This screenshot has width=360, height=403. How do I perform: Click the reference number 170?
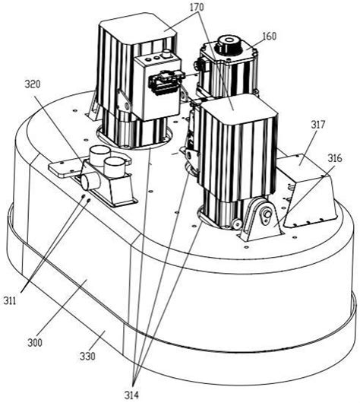tap(197, 7)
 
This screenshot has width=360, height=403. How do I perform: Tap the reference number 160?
tap(270, 36)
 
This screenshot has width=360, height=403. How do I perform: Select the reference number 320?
tap(33, 84)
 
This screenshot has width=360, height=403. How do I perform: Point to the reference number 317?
tap(318, 125)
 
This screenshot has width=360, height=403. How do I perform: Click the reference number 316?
tap(335, 158)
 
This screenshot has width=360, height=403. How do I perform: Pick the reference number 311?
tap(10, 300)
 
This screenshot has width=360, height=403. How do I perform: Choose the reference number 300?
tap(35, 342)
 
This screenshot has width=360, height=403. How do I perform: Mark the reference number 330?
tap(87, 356)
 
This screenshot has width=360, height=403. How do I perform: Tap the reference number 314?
tap(132, 395)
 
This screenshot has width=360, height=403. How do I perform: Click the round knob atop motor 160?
tap(229, 43)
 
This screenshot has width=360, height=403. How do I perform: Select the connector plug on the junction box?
tap(166, 83)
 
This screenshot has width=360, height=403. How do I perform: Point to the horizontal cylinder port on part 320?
tap(89, 181)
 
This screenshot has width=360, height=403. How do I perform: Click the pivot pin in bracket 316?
tap(266, 214)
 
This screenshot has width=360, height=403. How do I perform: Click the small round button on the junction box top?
tap(167, 55)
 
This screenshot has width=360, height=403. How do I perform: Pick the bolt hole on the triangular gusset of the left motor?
tap(126, 106)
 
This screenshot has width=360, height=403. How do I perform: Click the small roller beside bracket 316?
tap(237, 223)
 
